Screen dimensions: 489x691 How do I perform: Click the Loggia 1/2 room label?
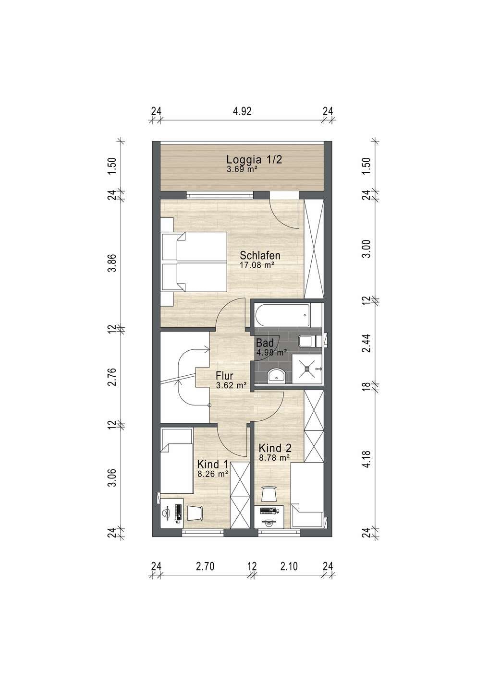pos(254,159)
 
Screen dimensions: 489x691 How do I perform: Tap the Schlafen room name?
pos(260,255)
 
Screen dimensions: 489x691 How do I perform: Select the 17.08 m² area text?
pos(257,265)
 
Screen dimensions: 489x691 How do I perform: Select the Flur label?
pos(224,376)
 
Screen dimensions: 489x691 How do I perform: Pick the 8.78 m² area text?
pos(274,457)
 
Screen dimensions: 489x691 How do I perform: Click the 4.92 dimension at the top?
pos(242,111)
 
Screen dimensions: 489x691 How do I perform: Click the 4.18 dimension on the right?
pos(367,459)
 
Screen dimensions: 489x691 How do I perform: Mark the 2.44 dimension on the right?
pos(367,343)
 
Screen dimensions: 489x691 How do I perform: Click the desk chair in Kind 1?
pos(195,512)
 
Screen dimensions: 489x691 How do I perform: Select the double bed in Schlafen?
pos(194,262)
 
